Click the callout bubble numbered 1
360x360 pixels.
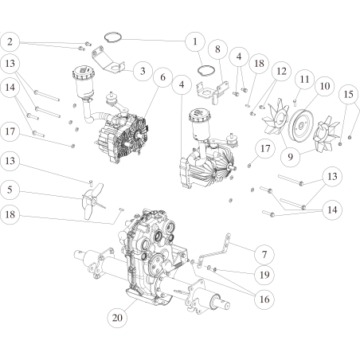click(193, 40)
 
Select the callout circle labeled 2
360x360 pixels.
click(10, 41)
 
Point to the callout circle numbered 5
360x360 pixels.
click(10, 191)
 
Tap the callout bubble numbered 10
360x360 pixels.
click(324, 85)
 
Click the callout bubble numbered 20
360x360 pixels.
click(117, 316)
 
